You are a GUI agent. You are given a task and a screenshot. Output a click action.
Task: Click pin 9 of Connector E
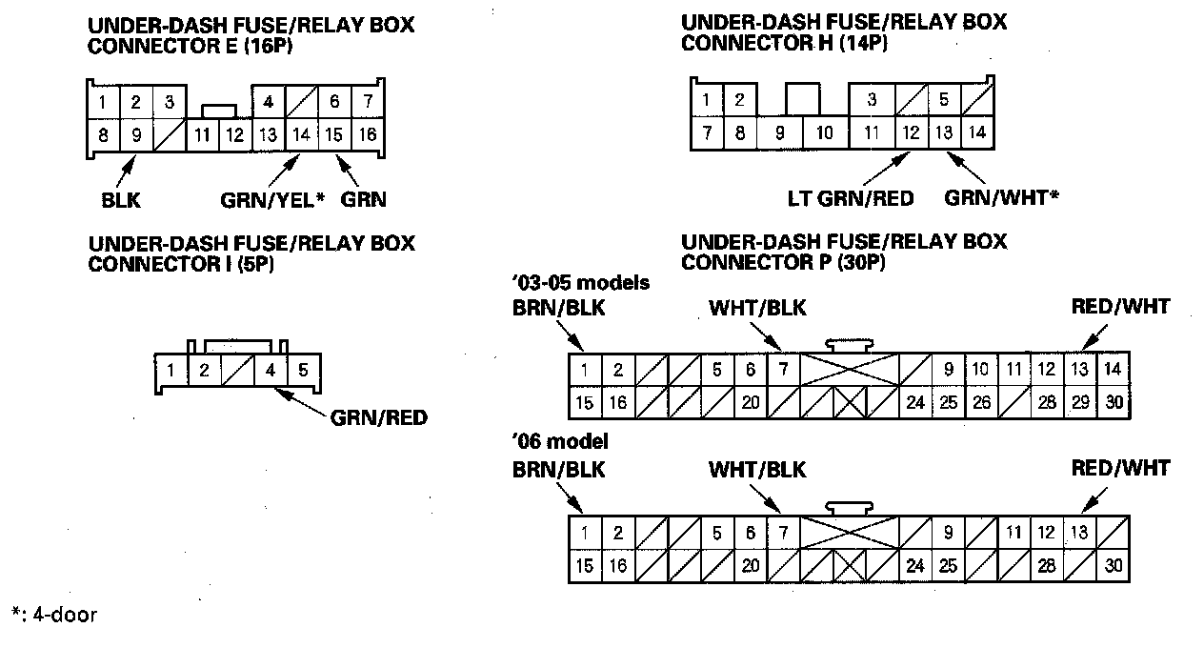(136, 135)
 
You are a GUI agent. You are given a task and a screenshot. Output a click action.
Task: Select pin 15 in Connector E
(333, 135)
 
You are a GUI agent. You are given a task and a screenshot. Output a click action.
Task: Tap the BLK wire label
(120, 200)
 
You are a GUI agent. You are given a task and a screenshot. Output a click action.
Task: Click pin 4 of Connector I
(271, 370)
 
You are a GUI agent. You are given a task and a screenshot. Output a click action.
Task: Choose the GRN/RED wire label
(378, 417)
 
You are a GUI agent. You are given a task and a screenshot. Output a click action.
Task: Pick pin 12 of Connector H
(912, 133)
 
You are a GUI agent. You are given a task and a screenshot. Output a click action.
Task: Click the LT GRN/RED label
(851, 198)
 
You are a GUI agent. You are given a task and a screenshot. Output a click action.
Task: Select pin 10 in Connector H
(825, 133)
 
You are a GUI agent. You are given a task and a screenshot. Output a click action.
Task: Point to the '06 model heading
(560, 442)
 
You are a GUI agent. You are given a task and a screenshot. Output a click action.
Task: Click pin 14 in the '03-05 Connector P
(1113, 370)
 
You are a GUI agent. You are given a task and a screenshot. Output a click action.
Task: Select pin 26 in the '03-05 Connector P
(981, 403)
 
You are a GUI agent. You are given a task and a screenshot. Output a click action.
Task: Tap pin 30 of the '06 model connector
(1113, 566)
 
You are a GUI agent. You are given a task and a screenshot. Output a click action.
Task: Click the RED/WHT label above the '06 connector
(1120, 468)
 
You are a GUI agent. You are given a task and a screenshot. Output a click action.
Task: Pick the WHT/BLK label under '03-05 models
(757, 309)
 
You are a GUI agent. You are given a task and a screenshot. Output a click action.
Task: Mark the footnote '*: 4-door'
(54, 615)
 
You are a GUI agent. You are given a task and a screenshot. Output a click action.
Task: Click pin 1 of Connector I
(170, 370)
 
